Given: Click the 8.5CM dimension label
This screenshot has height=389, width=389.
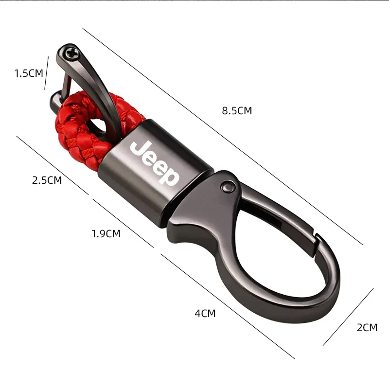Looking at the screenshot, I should [x=237, y=110].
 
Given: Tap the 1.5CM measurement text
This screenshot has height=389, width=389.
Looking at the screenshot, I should [x=29, y=73].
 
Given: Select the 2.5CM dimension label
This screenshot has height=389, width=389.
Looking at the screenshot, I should [x=47, y=180].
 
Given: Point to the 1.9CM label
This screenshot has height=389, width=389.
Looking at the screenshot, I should [x=106, y=234].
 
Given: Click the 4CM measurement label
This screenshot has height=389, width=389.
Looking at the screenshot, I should [x=205, y=314].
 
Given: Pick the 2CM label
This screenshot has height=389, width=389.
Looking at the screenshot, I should [x=367, y=328].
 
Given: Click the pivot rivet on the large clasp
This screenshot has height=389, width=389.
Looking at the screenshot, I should [x=227, y=184].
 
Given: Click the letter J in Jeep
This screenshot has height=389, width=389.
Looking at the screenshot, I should [x=138, y=147].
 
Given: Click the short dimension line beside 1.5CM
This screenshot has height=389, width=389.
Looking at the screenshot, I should [x=47, y=73].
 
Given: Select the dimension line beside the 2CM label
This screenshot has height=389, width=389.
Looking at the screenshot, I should [x=348, y=317].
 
